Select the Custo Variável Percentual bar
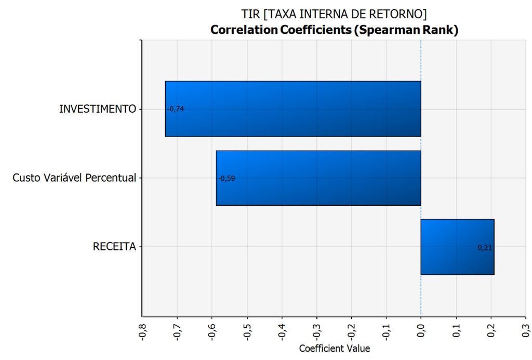pyautogui.click(x=318, y=178)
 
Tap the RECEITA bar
pyautogui.click(x=457, y=247)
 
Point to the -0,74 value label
pyautogui.click(x=176, y=109)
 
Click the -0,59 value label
pyautogui.click(x=227, y=178)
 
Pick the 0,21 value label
pyautogui.click(x=484, y=248)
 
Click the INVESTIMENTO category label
pyautogui.click(x=98, y=109)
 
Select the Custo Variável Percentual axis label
pyautogui.click(x=74, y=178)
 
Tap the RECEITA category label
pyautogui.click(x=114, y=247)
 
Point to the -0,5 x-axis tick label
pyautogui.click(x=247, y=330)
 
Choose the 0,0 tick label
pyautogui.click(x=421, y=329)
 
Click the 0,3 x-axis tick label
pyautogui.click(x=526, y=329)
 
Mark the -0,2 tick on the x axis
pyautogui.click(x=352, y=330)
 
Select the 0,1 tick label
pyautogui.click(x=456, y=329)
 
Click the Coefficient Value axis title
pyautogui.click(x=334, y=349)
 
